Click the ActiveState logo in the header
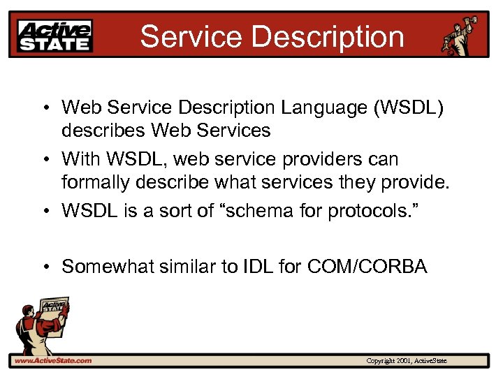tap(55, 36)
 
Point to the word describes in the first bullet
tap(103, 130)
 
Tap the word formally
tap(97, 182)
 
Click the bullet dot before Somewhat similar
tap(44, 267)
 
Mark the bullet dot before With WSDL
tap(44, 160)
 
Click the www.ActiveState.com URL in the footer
tap(52, 361)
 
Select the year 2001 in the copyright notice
tap(403, 361)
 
